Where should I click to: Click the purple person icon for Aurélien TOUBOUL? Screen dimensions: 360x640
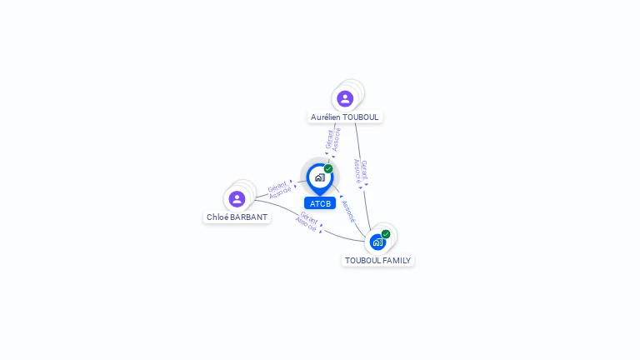345,99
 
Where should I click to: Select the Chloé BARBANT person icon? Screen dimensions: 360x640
237,199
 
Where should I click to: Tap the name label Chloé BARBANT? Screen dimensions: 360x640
237,217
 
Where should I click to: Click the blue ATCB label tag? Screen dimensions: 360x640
320,203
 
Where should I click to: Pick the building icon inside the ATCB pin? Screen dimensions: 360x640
319,177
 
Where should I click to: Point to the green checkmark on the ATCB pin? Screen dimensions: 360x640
328,169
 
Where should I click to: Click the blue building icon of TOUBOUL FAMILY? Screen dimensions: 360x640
377,242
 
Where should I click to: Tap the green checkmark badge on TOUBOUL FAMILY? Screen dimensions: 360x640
386,234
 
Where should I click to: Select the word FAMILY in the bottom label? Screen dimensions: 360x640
395,261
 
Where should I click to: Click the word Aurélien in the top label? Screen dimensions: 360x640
327,117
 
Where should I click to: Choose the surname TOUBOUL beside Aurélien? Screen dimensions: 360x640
361,117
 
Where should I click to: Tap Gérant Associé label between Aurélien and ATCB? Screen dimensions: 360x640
332,139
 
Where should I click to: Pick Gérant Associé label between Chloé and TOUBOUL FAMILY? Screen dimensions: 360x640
308,222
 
